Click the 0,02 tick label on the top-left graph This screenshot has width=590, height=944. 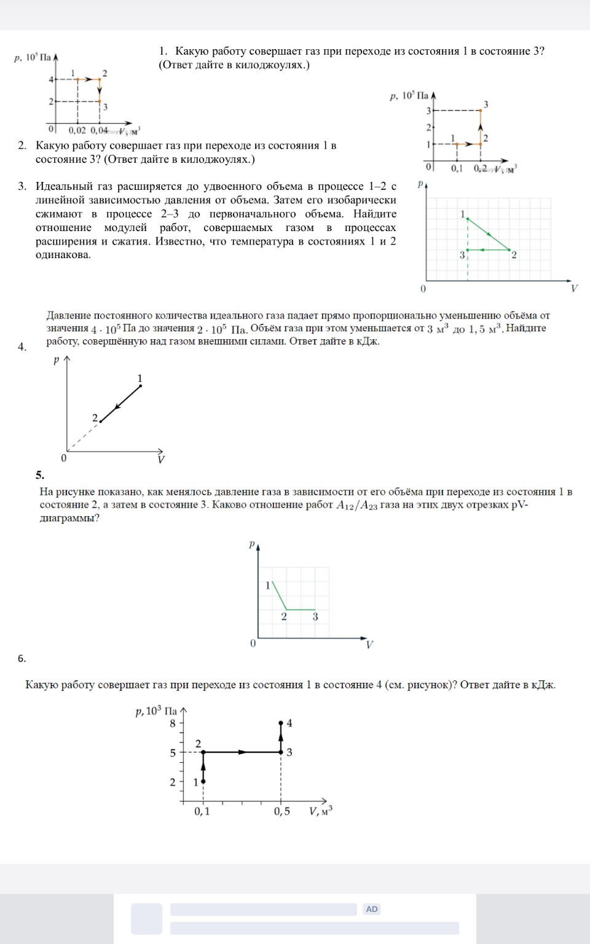(77, 130)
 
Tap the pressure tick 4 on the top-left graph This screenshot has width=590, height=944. (51, 79)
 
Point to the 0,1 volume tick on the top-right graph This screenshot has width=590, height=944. (457, 168)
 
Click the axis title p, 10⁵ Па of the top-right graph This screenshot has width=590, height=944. (409, 96)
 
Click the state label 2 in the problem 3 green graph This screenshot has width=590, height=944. (514, 254)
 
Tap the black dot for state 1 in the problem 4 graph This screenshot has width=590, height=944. (140, 386)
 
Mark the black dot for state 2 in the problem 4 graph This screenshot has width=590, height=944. (100, 422)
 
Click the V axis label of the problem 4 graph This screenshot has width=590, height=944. (160, 460)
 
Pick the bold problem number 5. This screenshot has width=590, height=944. (40, 474)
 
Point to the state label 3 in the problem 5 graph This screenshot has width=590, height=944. (315, 616)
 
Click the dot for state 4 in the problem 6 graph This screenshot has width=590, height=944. (281, 723)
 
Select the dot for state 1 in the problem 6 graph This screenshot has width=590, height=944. (203, 781)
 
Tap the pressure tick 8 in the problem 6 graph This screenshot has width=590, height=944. (173, 723)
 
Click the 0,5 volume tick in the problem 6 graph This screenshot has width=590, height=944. (282, 811)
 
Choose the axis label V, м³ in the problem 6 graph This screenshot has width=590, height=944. (321, 811)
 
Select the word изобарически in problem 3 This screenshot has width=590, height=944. (361, 200)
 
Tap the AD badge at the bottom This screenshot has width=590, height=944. (372, 909)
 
